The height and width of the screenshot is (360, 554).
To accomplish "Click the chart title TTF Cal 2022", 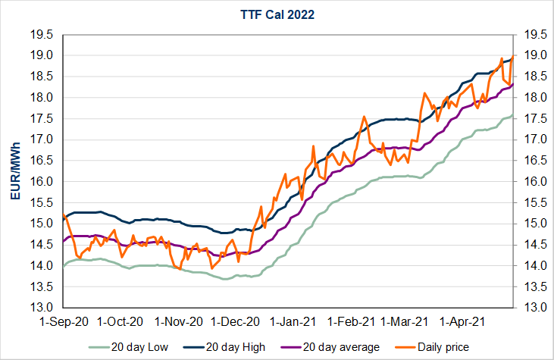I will coord(277,13).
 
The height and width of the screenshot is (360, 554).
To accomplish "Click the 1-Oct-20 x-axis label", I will coord(121,321).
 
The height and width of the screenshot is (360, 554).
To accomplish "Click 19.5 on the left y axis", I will coord(42,34).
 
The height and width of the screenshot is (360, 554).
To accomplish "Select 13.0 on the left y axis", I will coord(42,308).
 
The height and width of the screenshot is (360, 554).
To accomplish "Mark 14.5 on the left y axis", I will coord(42,245).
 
